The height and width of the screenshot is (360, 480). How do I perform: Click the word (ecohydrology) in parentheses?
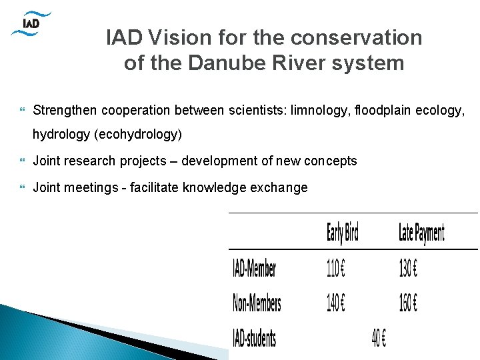pos(138,134)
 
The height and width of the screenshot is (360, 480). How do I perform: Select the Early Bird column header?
pos(343,233)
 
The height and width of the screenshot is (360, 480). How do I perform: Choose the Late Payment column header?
pos(421,233)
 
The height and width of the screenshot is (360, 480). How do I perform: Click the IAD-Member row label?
pos(254,268)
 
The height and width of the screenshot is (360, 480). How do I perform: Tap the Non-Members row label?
pos(257,303)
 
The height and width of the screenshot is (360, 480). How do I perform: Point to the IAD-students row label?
pos(254,338)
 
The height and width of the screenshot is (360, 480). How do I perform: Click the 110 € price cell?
pos(336,268)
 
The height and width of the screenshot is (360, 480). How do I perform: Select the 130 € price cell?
pos(408,268)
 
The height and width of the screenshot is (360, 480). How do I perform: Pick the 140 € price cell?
pos(336,303)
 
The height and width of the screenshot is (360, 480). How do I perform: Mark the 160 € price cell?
pos(408,303)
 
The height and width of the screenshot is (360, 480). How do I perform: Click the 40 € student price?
pos(379,338)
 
